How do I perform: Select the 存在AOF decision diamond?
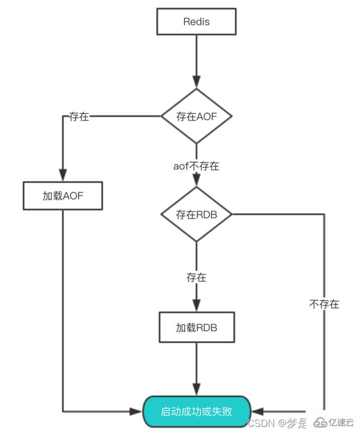(197, 116)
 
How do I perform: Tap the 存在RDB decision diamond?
(197, 214)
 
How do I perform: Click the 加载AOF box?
(63, 196)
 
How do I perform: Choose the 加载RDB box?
(197, 328)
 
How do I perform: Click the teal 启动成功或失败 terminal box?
(197, 411)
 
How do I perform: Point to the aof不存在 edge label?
(196, 166)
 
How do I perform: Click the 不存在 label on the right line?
(324, 304)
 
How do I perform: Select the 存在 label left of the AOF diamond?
(79, 117)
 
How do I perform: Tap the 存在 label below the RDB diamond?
(196, 277)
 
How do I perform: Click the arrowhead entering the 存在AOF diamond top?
(197, 83)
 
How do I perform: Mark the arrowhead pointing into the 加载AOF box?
(63, 175)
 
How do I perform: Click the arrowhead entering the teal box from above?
(197, 391)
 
